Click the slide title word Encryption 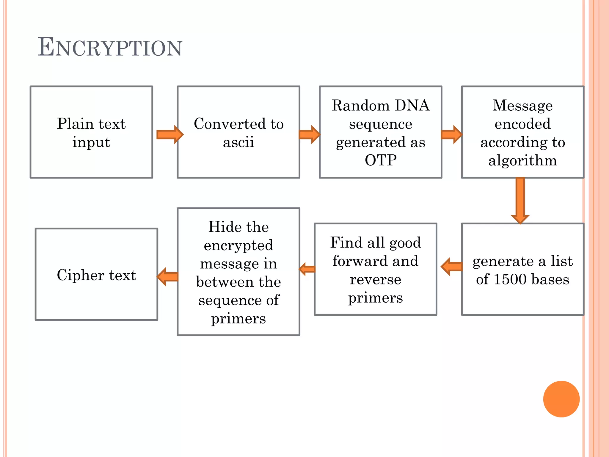pos(110,48)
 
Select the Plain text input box pos(91,132)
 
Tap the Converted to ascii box pos(238,132)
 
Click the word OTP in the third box pos(381,160)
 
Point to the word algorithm pos(522,161)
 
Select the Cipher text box pos(96,274)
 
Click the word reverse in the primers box pos(376,279)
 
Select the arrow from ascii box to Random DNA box pos(309,134)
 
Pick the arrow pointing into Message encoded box pos(451,134)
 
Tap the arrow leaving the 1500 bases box pos(451,267)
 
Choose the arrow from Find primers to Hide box pos(307,269)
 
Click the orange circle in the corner pos(561,399)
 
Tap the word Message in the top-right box pos(522,105)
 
